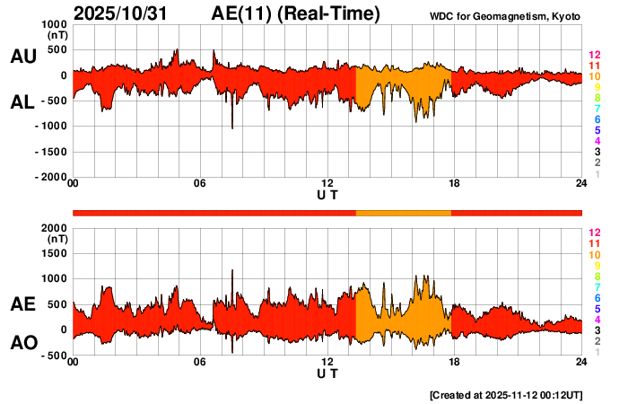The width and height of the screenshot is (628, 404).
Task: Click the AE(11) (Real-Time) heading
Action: coord(296,13)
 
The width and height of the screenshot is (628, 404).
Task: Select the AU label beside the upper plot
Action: coord(22,57)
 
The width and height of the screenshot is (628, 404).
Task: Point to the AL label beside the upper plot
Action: coord(22,102)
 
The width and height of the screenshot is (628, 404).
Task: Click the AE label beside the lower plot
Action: coord(22,305)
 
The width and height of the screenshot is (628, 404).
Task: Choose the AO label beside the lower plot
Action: coord(22,343)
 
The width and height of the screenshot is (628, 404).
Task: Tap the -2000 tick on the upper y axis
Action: coord(50,178)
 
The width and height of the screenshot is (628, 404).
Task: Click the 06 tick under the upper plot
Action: coord(200,184)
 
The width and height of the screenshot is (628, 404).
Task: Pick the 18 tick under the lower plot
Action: coord(454,362)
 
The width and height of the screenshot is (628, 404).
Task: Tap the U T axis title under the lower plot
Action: coord(327,373)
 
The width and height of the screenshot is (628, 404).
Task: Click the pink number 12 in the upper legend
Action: coord(594,56)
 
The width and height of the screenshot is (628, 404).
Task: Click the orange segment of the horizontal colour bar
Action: coord(404,212)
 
